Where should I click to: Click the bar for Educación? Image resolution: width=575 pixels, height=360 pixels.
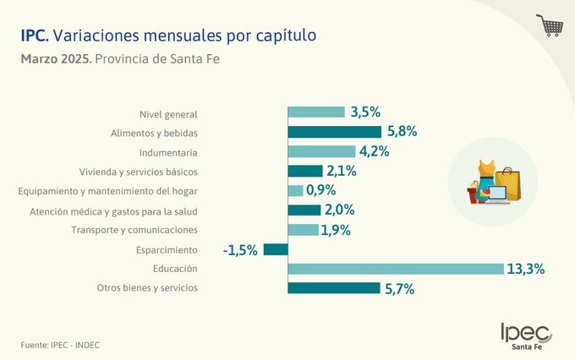[x=395, y=269]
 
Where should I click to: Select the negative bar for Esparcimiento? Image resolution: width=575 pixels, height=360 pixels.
[x=276, y=249]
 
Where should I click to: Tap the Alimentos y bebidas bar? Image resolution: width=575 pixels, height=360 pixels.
[x=334, y=132]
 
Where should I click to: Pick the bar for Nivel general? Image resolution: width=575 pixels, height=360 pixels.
[x=316, y=112]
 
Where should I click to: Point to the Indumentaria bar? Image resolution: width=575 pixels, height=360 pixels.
[x=320, y=152]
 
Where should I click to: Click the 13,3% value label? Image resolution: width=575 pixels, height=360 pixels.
[x=525, y=269]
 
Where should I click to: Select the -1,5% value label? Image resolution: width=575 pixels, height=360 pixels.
[x=240, y=249]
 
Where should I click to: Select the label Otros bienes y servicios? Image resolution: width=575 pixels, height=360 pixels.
[x=147, y=288]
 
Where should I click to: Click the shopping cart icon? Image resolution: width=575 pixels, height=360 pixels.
[x=550, y=25]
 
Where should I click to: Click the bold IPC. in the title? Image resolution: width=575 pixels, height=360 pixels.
[x=35, y=36]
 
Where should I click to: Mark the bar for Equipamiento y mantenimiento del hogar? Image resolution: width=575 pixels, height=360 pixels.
[x=295, y=191]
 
